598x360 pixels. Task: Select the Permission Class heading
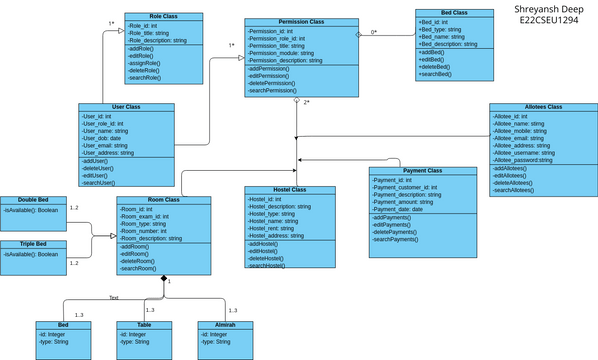click(300, 22)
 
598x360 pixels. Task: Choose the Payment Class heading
click(421, 171)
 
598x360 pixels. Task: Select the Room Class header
click(163, 200)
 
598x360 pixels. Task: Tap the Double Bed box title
click(33, 200)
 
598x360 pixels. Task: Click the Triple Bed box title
click(33, 244)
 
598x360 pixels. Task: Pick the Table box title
click(145, 325)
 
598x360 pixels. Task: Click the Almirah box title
click(225, 325)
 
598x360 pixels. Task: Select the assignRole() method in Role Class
click(146, 63)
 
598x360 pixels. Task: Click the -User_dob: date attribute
click(103, 137)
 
